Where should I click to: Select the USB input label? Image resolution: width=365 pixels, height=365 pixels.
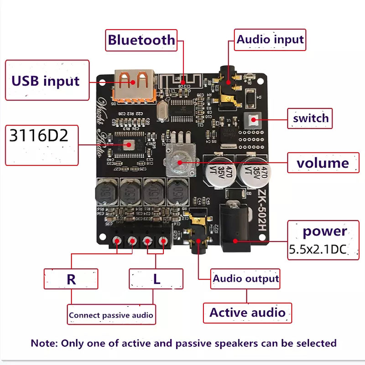(x=47, y=81)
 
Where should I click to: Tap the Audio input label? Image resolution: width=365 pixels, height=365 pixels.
(x=270, y=40)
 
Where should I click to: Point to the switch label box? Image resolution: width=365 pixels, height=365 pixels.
(x=310, y=119)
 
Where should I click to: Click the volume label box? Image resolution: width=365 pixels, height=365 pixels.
(x=323, y=163)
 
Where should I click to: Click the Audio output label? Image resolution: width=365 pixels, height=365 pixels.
(x=245, y=278)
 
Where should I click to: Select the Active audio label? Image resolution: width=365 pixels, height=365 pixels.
(x=247, y=313)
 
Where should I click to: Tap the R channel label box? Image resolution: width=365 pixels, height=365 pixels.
(x=71, y=279)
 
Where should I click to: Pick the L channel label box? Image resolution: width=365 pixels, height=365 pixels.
(x=156, y=279)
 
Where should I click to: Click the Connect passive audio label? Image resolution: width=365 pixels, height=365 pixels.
(x=111, y=315)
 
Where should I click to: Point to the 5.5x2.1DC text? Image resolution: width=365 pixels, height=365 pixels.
(x=318, y=250)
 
